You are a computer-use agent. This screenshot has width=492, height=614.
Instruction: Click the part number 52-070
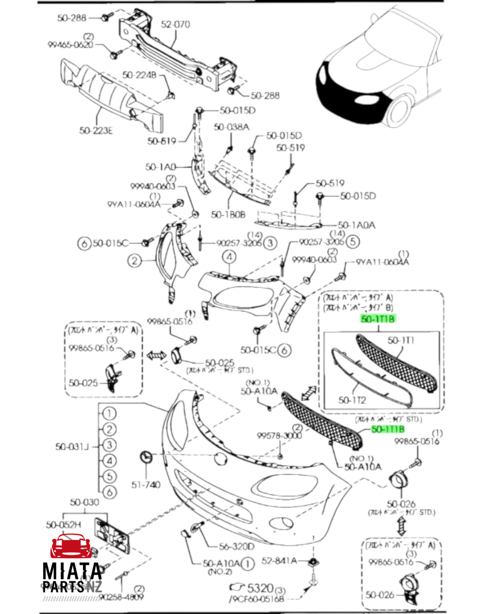click(x=175, y=24)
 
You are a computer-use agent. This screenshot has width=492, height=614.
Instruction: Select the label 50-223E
click(x=96, y=131)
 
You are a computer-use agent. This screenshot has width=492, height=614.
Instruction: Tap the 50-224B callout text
click(x=139, y=75)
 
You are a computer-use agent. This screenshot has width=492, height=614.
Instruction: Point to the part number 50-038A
click(x=232, y=127)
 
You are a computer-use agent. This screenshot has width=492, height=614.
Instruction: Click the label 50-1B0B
click(x=228, y=215)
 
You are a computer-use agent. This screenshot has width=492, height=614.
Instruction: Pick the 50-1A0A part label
click(x=356, y=225)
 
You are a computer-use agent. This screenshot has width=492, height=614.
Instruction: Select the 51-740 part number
click(x=146, y=484)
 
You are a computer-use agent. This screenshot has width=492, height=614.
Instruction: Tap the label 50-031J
click(x=72, y=446)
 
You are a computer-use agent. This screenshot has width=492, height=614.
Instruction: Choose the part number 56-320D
click(x=237, y=547)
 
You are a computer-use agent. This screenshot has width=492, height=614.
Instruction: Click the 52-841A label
click(x=279, y=561)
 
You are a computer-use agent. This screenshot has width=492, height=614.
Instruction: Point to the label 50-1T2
click(x=352, y=400)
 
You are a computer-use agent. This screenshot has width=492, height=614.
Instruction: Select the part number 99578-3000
click(x=279, y=436)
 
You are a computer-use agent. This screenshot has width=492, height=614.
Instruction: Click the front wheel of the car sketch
click(x=398, y=110)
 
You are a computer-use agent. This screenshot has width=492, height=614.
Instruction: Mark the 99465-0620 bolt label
click(x=70, y=45)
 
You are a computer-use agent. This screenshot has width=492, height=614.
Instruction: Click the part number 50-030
click(x=84, y=502)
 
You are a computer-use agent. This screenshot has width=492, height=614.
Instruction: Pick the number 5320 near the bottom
click(x=260, y=588)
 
